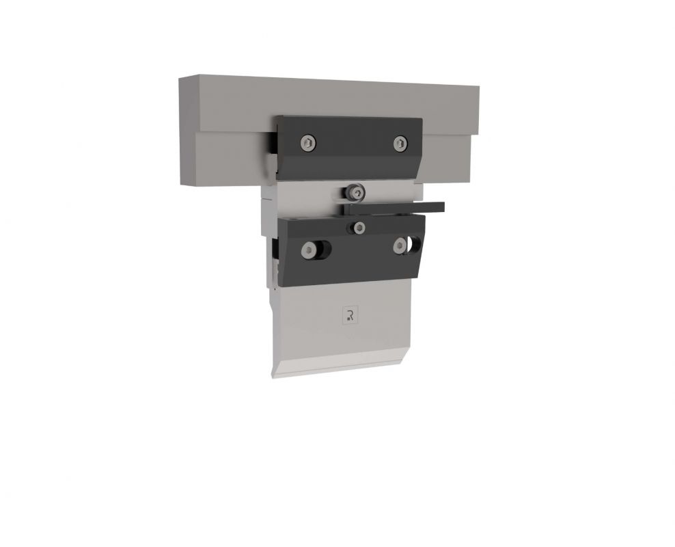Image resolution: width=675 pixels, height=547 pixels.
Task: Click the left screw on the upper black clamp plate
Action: [x=309, y=142]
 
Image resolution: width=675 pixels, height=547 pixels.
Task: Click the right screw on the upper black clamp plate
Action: [x=400, y=143]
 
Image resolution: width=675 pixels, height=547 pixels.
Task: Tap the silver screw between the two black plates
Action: [x=355, y=193]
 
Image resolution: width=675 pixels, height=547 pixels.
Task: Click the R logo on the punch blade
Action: [x=349, y=315]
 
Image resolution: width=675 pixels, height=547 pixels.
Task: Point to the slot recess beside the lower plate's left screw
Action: [x=325, y=251]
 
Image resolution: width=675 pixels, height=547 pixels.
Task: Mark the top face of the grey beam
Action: [x=328, y=81]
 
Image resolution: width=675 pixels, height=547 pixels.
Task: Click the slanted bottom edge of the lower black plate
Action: [x=352, y=280]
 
